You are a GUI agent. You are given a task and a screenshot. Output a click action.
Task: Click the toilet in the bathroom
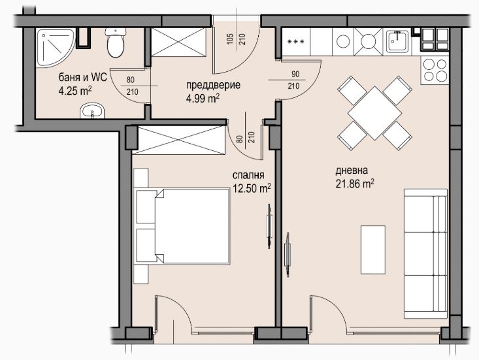(x=116, y=42)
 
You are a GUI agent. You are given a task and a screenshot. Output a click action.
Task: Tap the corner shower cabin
(x=55, y=48)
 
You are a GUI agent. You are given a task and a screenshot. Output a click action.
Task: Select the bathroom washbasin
(x=92, y=110)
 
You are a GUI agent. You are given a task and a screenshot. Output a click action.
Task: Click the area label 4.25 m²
(x=75, y=91)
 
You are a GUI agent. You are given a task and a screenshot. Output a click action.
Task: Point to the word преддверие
(x=213, y=85)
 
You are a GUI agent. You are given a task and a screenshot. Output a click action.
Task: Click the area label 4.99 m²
(x=203, y=98)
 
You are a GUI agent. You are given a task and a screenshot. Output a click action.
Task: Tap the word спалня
(x=248, y=176)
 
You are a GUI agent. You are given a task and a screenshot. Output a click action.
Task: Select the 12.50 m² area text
(x=252, y=188)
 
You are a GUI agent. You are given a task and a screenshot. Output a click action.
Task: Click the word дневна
(x=352, y=171)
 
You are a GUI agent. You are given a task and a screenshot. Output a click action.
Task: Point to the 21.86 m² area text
(x=355, y=184)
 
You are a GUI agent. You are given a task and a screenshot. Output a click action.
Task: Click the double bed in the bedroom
(x=182, y=226)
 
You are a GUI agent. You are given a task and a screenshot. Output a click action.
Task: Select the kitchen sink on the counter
(x=397, y=41)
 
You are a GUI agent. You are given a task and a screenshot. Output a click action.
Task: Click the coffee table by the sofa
(x=373, y=250)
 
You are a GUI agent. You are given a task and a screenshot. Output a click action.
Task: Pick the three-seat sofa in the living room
(x=425, y=254)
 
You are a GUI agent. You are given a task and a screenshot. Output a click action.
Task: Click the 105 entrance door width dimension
(x=231, y=39)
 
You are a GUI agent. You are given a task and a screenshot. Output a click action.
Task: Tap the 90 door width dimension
(x=295, y=74)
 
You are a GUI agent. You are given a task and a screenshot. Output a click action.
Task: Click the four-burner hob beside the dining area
(x=435, y=71)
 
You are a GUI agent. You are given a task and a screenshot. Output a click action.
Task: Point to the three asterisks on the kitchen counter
(x=296, y=42)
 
